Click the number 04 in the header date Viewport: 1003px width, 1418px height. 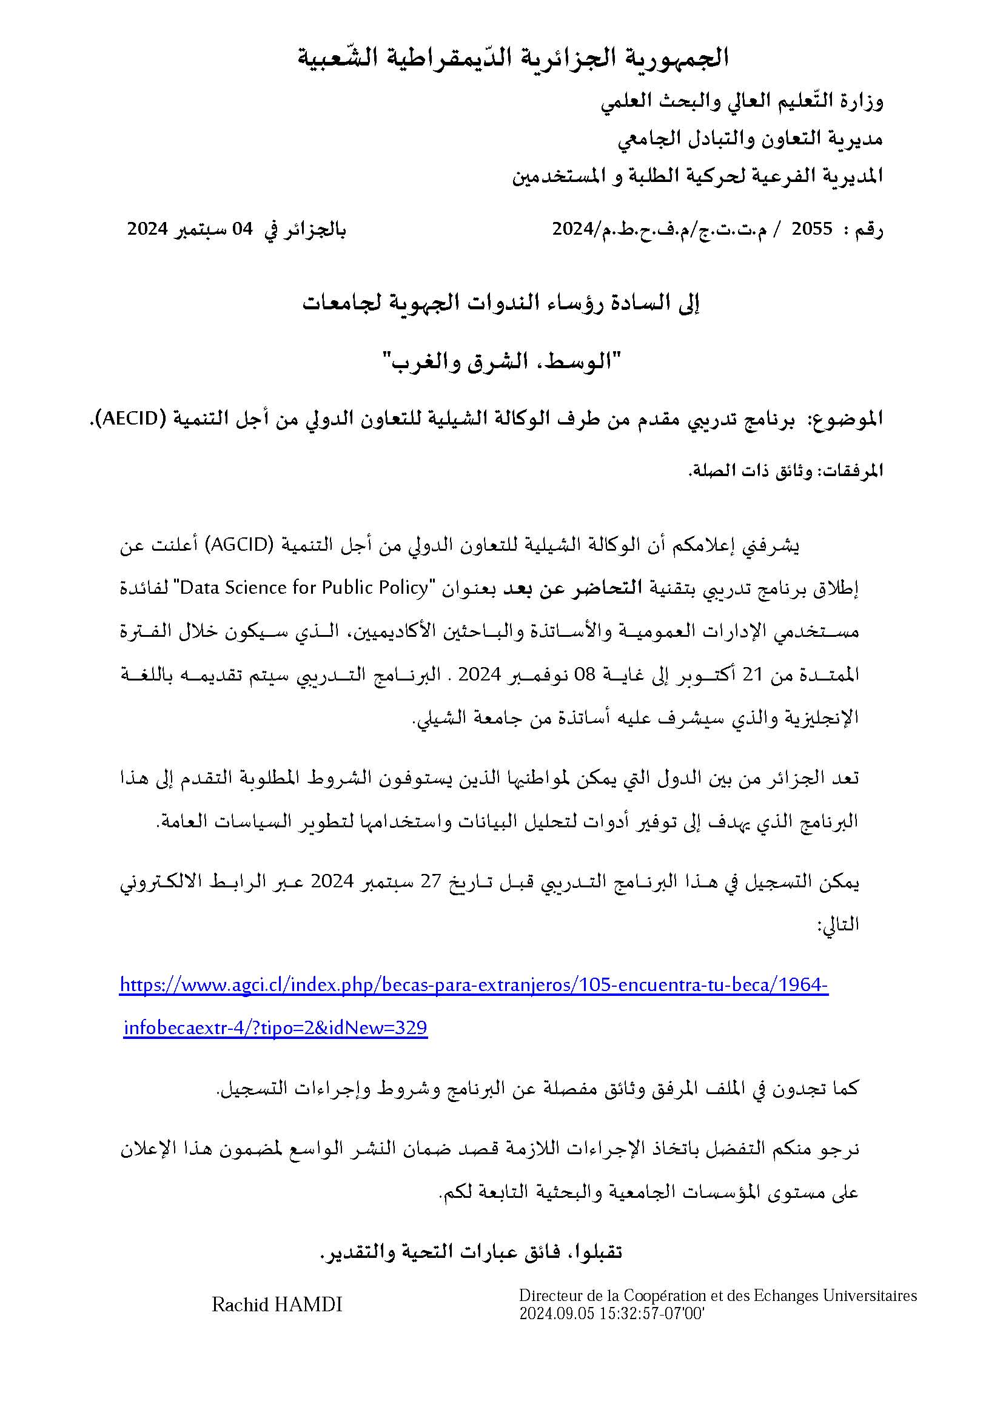pos(243,230)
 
